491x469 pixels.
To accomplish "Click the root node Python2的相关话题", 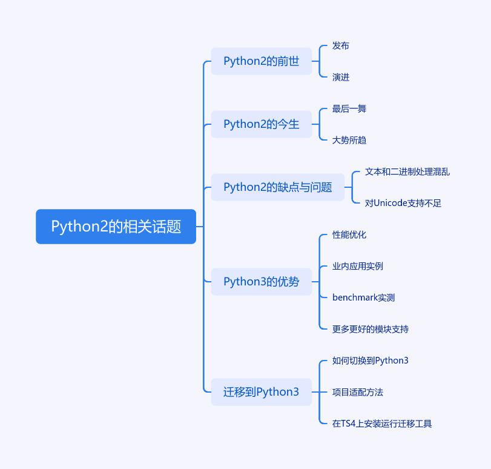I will tap(116, 227).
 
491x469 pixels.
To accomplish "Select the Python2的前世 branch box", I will tap(261, 61).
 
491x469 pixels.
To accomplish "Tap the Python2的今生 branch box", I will tap(261, 124).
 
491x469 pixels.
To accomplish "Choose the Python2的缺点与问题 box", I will tap(277, 187).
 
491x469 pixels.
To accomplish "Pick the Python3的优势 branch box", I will tap(261, 282).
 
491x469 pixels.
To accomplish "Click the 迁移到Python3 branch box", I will tap(261, 392).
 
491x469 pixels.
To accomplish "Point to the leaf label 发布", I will tap(341, 46).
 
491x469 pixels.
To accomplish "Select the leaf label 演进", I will tap(341, 78).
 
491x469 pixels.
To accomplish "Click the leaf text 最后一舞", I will tap(349, 109).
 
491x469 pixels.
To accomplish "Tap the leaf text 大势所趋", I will tap(349, 141).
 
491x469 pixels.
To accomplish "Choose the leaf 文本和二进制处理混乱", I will tap(407, 172).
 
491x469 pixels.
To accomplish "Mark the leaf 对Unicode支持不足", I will tap(403, 204).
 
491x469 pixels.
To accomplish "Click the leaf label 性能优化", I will tap(349, 235).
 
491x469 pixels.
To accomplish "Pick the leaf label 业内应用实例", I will tap(357, 267).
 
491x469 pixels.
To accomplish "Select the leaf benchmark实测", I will tap(363, 298).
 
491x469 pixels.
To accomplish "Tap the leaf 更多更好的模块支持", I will tap(370, 330).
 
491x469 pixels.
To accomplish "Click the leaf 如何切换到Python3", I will tap(370, 361).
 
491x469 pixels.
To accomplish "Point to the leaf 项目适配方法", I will tap(357, 393).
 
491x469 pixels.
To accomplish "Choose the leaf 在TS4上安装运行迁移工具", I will tap(381, 424).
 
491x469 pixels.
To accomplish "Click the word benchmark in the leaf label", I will tap(355, 298).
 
